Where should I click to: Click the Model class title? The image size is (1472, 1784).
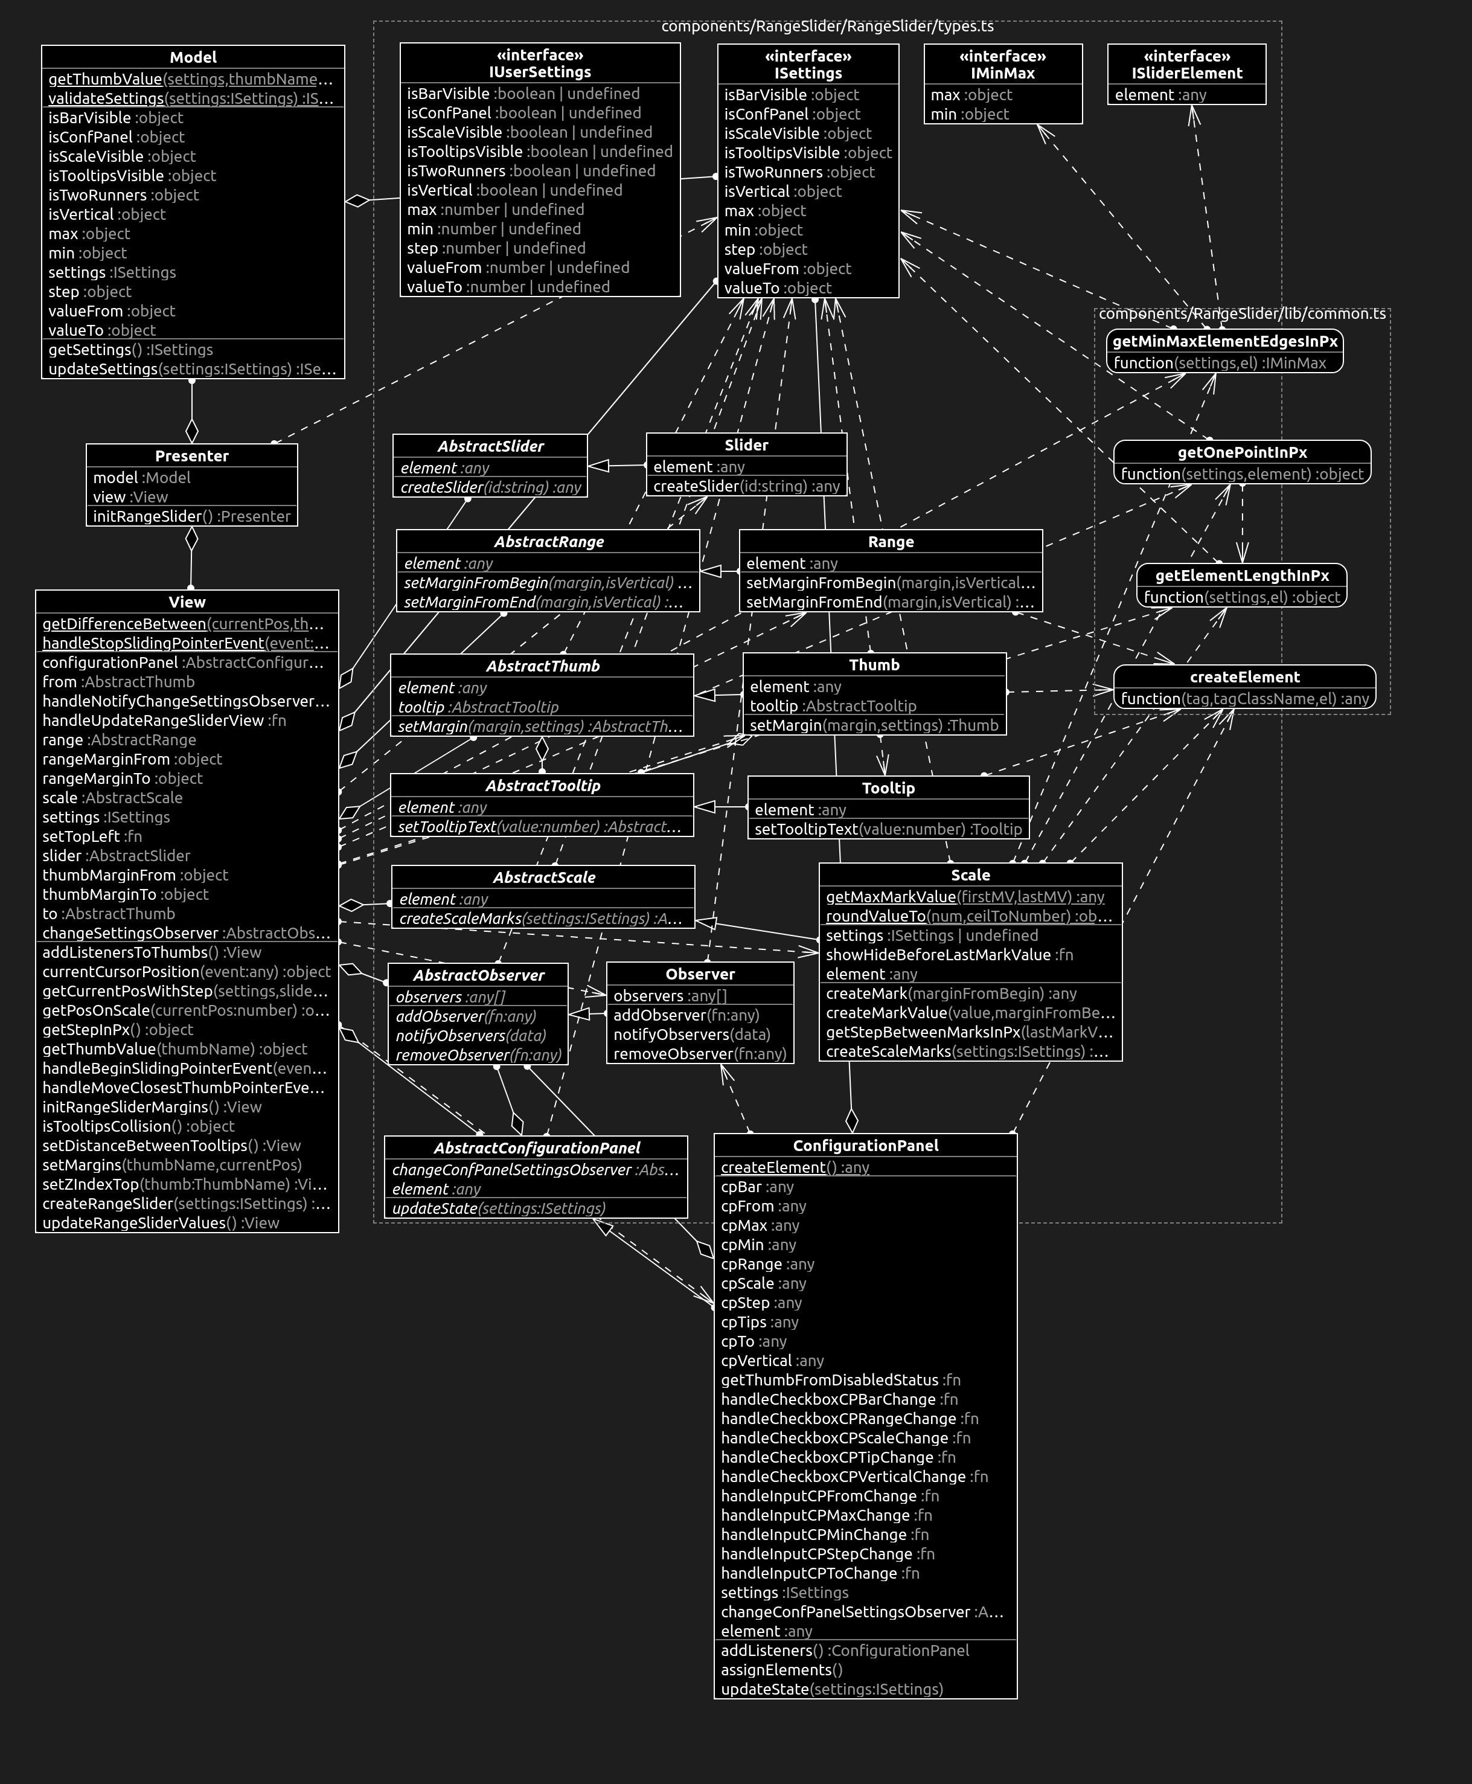pyautogui.click(x=193, y=57)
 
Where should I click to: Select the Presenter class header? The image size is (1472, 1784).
pyautogui.click(x=191, y=456)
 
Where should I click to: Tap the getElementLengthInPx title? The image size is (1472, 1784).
pyautogui.click(x=1241, y=576)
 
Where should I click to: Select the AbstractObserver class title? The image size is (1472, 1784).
pyautogui.click(x=478, y=976)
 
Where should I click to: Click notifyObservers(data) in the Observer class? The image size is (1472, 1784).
pyautogui.click(x=691, y=1035)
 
